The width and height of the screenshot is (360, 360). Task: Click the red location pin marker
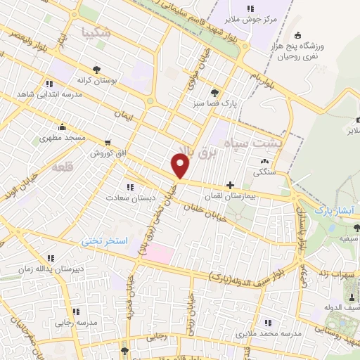(x=181, y=165)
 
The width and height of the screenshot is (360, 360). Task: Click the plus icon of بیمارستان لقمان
(x=230, y=185)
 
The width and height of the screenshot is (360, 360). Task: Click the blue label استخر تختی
(x=106, y=240)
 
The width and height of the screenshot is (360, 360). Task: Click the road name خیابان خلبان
(x=209, y=210)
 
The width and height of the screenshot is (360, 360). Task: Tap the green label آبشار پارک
(x=334, y=210)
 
